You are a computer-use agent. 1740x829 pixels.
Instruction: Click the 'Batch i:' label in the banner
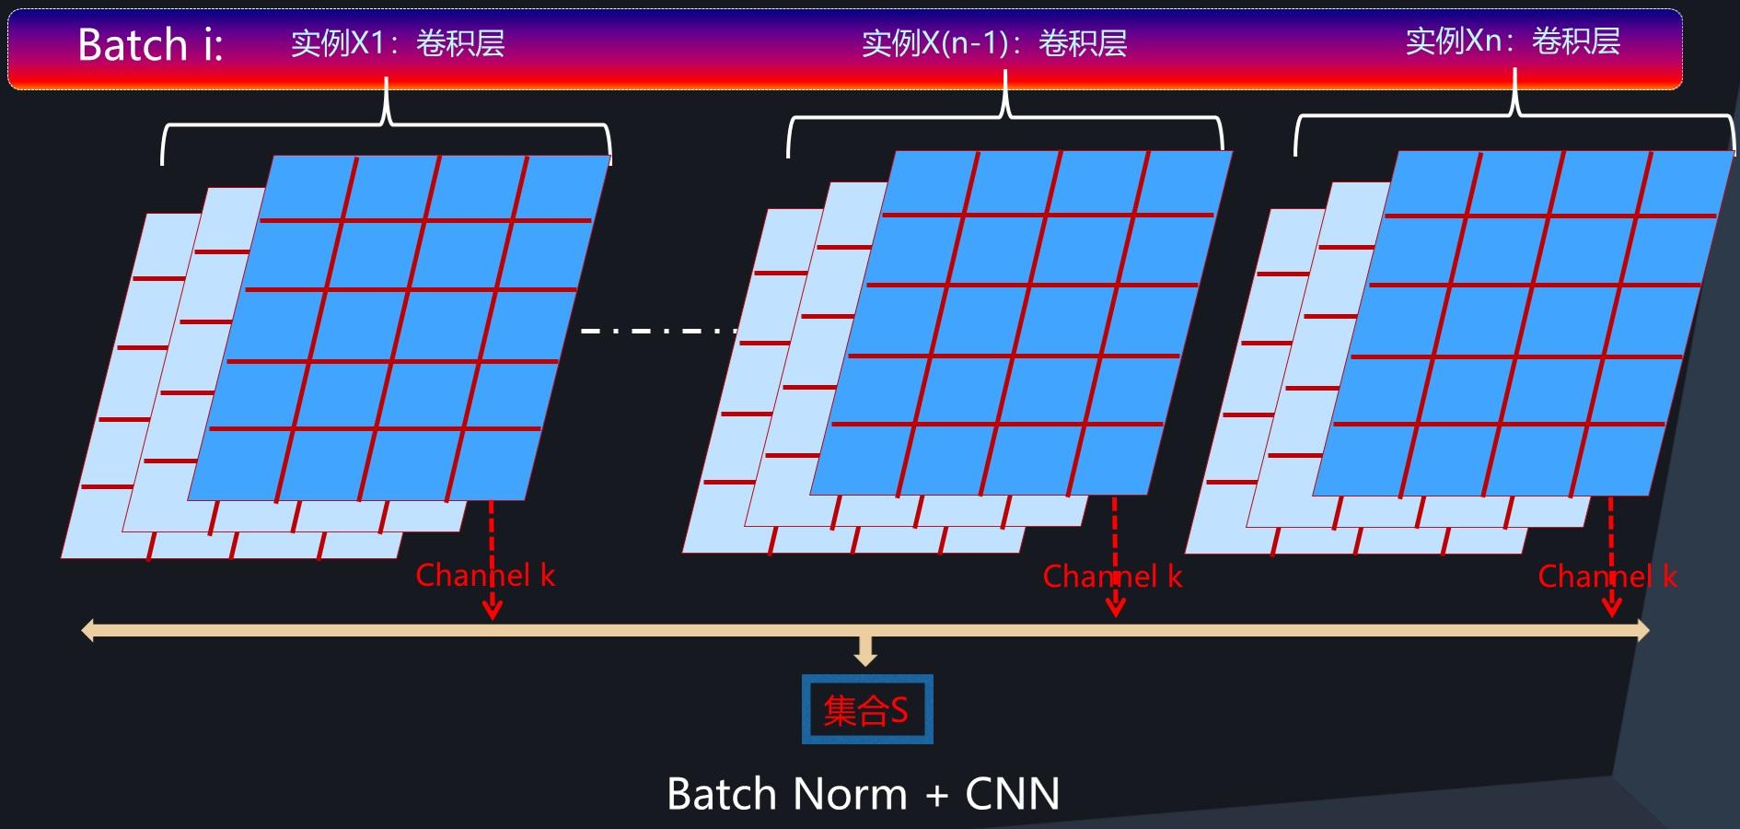tap(150, 44)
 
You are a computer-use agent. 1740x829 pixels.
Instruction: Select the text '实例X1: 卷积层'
tap(398, 43)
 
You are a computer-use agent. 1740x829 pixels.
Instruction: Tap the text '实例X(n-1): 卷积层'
tap(994, 43)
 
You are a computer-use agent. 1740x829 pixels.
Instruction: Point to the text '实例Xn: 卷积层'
tap(1513, 41)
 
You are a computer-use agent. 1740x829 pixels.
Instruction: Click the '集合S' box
tap(866, 709)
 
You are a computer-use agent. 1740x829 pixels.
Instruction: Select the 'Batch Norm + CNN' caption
tap(863, 793)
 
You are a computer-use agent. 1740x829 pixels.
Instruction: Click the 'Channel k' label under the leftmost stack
tap(485, 576)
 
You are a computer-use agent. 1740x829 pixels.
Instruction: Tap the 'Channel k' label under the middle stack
tap(1112, 577)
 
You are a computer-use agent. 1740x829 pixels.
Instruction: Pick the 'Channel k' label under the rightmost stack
tap(1607, 577)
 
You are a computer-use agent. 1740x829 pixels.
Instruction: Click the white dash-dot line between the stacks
tap(659, 330)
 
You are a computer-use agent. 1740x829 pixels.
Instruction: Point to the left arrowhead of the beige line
tap(89, 630)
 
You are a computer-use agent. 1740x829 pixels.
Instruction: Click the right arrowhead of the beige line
tap(1641, 630)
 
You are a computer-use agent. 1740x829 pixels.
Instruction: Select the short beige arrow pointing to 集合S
tap(864, 651)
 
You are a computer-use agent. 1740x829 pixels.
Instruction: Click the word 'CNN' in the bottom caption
tap(1012, 793)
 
